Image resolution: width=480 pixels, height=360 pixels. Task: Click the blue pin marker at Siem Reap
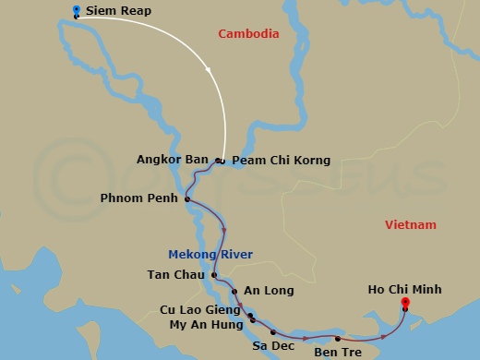click(x=76, y=11)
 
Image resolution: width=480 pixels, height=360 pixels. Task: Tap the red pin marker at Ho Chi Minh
click(x=404, y=303)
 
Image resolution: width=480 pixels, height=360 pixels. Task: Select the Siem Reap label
click(x=118, y=12)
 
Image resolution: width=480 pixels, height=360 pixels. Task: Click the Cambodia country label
click(x=248, y=34)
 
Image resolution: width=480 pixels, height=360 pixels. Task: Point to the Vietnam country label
click(x=411, y=225)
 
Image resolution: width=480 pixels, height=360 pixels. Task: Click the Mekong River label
click(x=210, y=255)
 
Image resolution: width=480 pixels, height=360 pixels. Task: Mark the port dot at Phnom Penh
click(x=187, y=199)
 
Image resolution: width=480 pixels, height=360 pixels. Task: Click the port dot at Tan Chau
click(x=214, y=275)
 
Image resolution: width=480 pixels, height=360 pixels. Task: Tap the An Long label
click(x=269, y=291)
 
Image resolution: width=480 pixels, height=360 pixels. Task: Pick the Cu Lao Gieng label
click(x=202, y=310)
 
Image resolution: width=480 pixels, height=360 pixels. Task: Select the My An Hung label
click(x=207, y=324)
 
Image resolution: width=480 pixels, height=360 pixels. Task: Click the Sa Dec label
click(x=273, y=346)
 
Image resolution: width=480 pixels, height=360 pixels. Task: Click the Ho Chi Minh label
click(x=405, y=290)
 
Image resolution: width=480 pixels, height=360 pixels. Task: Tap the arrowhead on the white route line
click(x=210, y=71)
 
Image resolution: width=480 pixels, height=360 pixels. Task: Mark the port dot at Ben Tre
click(x=338, y=339)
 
